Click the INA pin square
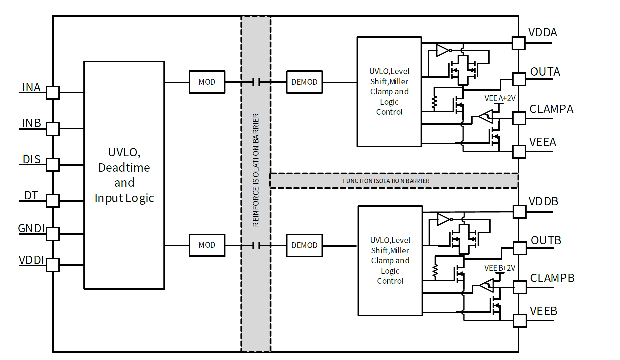tap(53, 93)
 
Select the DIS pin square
tap(53, 165)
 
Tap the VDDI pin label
tap(31, 260)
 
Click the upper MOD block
tap(207, 82)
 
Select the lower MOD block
tap(207, 245)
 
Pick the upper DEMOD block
tap(304, 82)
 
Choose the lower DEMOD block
tap(304, 245)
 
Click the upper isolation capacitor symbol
tap(256, 82)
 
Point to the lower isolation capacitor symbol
tap(256, 246)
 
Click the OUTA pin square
tap(519, 79)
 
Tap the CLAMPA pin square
tap(519, 118)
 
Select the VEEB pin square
tap(520, 321)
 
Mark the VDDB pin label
tap(543, 201)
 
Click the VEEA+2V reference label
tap(500, 98)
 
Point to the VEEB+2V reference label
tap(500, 268)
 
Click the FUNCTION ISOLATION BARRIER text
tap(386, 181)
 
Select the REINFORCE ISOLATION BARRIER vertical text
tap(256, 170)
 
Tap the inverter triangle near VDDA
tap(443, 50)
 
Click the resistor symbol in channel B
tap(435, 272)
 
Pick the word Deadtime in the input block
tap(124, 167)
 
